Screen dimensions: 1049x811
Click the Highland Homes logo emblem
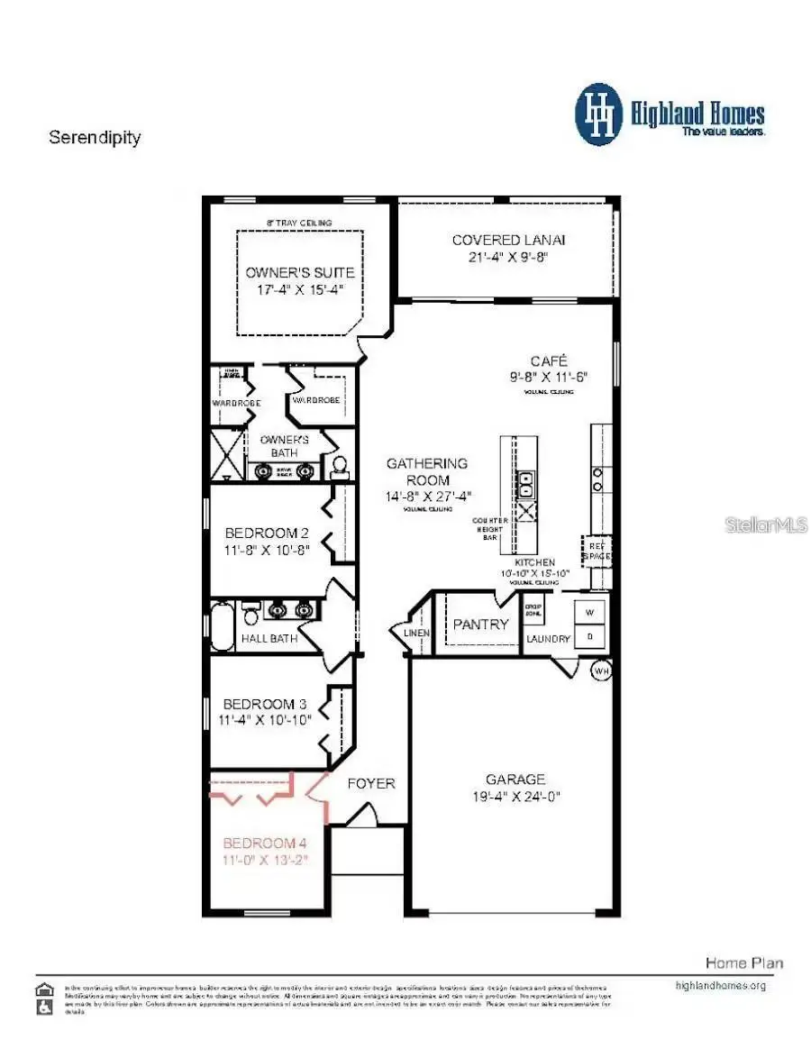[x=598, y=114]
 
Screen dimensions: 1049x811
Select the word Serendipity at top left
[x=95, y=138]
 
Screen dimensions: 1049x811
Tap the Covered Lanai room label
[x=508, y=240]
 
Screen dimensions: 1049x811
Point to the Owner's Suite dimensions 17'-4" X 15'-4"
[x=299, y=289]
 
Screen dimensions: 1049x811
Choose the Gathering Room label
[x=427, y=471]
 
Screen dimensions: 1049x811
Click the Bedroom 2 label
[x=267, y=533]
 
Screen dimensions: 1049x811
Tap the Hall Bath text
[x=269, y=639]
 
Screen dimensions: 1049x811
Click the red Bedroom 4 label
[x=265, y=844]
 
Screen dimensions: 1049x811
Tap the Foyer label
[x=371, y=783]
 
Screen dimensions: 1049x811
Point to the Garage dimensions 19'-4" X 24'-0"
[x=515, y=797]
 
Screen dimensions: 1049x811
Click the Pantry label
[x=480, y=624]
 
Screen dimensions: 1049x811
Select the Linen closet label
[x=417, y=633]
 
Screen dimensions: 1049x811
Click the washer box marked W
[x=590, y=612]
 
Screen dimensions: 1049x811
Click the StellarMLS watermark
[x=766, y=524]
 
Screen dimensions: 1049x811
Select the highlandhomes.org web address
[x=720, y=985]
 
